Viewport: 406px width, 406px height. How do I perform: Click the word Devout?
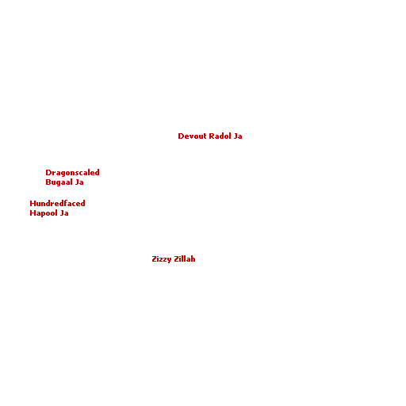tap(192, 136)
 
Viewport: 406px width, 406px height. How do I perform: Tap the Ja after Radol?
tap(238, 136)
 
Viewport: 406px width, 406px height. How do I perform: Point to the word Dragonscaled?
tap(72, 173)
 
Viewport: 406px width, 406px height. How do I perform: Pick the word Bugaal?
tap(59, 182)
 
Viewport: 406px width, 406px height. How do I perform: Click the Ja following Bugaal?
tap(79, 182)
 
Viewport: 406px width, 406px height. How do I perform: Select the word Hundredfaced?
tap(57, 204)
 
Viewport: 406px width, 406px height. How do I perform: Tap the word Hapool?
tap(44, 213)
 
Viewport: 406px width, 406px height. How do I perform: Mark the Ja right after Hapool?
tap(64, 213)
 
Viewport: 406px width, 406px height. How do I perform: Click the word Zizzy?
tap(162, 259)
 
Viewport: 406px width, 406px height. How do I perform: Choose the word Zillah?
tap(185, 259)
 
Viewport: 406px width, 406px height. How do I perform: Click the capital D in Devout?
tap(181, 136)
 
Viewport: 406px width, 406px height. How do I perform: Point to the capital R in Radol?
tap(212, 136)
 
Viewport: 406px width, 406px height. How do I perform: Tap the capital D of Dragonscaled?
tap(48, 173)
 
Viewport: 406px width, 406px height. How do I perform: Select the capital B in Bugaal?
tap(48, 182)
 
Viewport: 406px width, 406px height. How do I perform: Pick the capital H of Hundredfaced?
tap(33, 204)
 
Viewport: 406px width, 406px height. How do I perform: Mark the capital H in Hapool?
tap(33, 213)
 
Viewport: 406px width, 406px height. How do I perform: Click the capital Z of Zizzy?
tap(155, 259)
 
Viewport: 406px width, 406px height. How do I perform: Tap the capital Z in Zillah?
tap(176, 259)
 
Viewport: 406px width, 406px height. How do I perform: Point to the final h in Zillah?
tap(193, 259)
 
